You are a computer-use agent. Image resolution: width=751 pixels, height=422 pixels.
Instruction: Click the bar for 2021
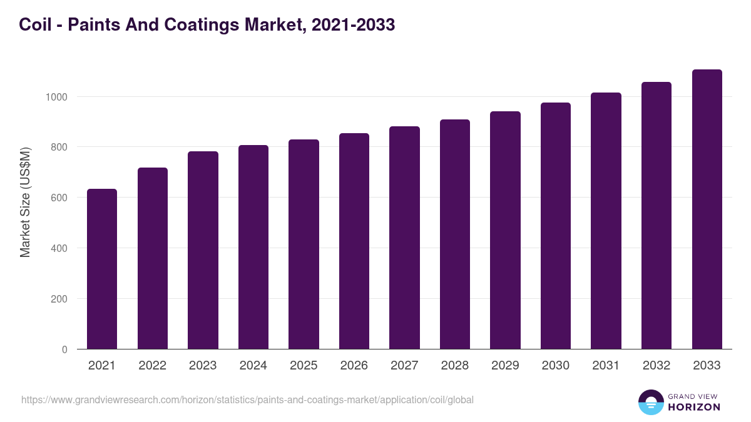[102, 269]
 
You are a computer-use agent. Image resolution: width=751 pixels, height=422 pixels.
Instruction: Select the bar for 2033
[707, 209]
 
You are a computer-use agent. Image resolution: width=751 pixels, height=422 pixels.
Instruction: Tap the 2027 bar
[404, 238]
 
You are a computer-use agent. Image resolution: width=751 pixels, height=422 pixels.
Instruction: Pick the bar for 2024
[253, 247]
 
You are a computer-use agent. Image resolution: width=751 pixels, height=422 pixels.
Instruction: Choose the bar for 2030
[556, 226]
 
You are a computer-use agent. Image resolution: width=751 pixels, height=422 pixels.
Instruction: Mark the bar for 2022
[153, 258]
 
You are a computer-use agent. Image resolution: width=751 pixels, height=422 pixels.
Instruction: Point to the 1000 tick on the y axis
[56, 97]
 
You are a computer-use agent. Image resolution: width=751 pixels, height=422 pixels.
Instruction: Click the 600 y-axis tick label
[58, 198]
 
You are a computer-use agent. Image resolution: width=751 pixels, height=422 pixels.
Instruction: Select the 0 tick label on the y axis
[64, 349]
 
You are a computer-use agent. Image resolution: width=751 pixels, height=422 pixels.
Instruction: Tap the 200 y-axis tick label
[58, 299]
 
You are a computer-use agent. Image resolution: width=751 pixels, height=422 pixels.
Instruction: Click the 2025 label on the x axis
[304, 366]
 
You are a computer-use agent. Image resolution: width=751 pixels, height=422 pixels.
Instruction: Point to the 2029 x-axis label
[505, 366]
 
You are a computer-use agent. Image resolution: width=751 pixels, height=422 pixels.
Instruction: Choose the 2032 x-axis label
[656, 366]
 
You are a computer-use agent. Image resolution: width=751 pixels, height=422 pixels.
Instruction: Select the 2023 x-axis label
[203, 366]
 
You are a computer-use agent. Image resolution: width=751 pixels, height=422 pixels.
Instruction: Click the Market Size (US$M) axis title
[25, 201]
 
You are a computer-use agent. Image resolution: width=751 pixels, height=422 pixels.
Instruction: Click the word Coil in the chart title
[34, 24]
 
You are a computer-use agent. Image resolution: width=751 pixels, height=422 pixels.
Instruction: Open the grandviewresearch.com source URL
[247, 399]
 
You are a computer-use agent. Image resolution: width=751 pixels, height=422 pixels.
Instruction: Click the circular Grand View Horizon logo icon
[650, 402]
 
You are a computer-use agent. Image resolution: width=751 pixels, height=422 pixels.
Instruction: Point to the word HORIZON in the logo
[694, 407]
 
